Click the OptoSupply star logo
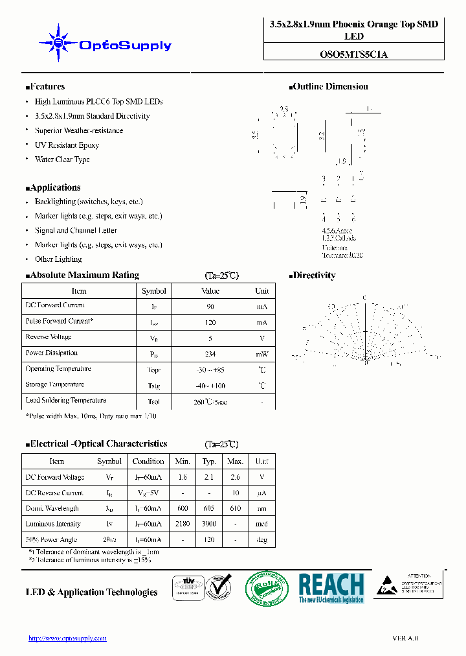58,43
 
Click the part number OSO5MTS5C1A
354,55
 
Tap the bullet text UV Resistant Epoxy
67,145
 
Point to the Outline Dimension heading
330,86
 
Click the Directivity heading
313,275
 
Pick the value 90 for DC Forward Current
210,307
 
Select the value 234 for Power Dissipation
210,354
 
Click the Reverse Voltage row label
49,337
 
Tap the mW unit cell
261,354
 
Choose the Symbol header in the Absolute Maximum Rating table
154,291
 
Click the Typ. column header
209,462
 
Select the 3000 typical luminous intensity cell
209,524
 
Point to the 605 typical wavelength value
209,508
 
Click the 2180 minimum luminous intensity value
183,524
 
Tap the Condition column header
148,462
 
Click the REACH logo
331,588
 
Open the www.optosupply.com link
67,638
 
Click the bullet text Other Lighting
58,259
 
